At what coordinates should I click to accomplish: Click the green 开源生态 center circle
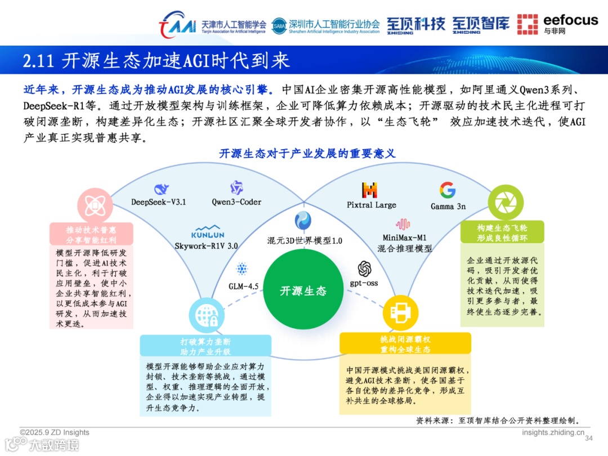tap(303, 290)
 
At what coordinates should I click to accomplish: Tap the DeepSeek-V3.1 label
tap(158, 202)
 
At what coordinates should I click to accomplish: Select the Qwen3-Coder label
tap(236, 202)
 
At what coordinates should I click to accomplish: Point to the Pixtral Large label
tap(372, 205)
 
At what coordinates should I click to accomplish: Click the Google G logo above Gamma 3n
tap(448, 190)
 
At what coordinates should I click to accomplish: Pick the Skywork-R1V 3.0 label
tap(207, 245)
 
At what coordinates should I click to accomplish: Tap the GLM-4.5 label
tap(243, 286)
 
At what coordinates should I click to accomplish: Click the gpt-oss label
tap(364, 283)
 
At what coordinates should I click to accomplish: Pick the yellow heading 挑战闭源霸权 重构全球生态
tap(405, 344)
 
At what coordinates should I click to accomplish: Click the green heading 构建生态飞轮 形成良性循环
tap(502, 232)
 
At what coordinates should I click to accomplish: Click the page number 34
tap(589, 439)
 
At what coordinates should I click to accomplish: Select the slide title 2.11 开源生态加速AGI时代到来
tap(156, 61)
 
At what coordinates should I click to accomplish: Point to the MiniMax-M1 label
tap(405, 238)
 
